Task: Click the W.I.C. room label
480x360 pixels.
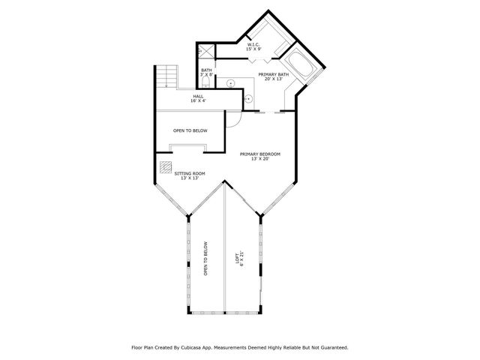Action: pyautogui.click(x=253, y=45)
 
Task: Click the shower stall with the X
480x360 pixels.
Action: pyautogui.click(x=205, y=52)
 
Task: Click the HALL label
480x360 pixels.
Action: pyautogui.click(x=198, y=96)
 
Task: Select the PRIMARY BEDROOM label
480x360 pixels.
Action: pyautogui.click(x=260, y=154)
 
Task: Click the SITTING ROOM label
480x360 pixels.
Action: pyautogui.click(x=190, y=173)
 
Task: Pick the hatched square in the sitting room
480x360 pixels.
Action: pyautogui.click(x=165, y=167)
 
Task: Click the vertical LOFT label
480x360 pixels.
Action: pyautogui.click(x=239, y=256)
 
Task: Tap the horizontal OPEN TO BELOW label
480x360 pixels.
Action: pyautogui.click(x=190, y=130)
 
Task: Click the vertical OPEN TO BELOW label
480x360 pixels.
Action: pyautogui.click(x=205, y=259)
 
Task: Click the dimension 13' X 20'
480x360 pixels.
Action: pyautogui.click(x=260, y=159)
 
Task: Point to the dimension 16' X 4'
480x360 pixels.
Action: pyautogui.click(x=198, y=101)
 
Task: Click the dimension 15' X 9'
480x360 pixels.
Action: pyautogui.click(x=253, y=50)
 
